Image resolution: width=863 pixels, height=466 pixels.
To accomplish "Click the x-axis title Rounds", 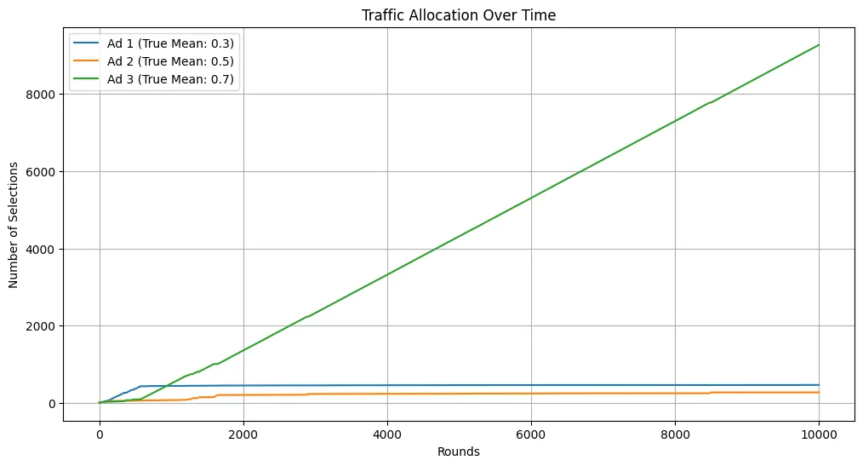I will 459,452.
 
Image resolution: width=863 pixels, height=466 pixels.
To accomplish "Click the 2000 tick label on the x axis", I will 243,431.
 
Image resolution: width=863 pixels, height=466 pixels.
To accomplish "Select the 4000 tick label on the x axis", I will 387,431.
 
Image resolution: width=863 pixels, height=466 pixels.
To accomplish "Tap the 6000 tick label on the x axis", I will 531,431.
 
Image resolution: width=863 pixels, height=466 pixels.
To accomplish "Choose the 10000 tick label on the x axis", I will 819,431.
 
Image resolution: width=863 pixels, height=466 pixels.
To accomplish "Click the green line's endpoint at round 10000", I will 819,45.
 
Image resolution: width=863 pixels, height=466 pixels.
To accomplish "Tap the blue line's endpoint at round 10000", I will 819,385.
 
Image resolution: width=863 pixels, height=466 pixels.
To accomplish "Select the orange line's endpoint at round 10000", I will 819,392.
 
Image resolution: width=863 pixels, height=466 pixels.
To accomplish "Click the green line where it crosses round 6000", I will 531,198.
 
